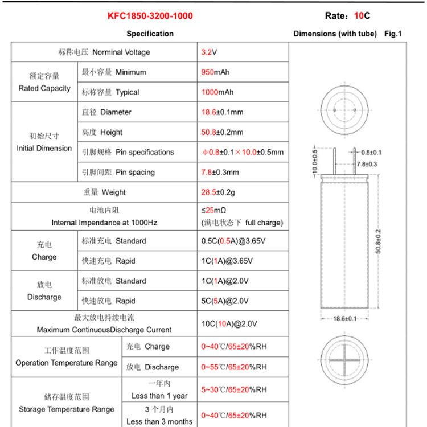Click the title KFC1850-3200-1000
point(150,16)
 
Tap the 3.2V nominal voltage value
point(209,52)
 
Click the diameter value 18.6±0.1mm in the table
point(223,112)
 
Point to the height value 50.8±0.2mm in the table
point(223,132)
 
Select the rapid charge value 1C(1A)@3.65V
point(233,261)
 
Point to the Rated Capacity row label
point(44,88)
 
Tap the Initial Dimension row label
point(44,148)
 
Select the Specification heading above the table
point(150,34)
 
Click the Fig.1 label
point(393,34)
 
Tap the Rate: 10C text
point(343,16)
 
